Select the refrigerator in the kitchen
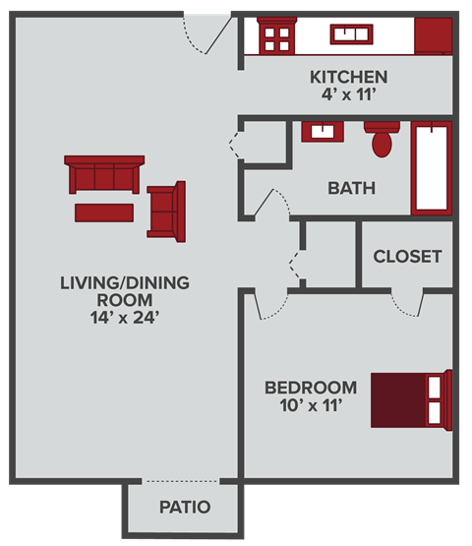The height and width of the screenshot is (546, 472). tap(433, 36)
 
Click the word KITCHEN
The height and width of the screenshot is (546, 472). tap(348, 77)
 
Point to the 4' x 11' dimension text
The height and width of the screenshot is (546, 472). tap(348, 95)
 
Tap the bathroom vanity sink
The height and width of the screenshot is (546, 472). tap(319, 132)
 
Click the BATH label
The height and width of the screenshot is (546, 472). tap(351, 188)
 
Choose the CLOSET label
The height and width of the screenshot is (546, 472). tap(407, 257)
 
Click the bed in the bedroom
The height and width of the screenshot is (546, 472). tap(411, 399)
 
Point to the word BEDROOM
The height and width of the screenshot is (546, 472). tap(310, 387)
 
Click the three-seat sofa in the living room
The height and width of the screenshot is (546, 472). tap(104, 174)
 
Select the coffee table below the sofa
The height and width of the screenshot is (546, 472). tap(103, 212)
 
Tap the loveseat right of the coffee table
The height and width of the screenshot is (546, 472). tap(166, 210)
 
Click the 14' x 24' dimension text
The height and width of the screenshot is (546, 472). tap(124, 318)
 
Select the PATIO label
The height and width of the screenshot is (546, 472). tap(185, 508)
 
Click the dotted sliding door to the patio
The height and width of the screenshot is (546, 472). tap(182, 481)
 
